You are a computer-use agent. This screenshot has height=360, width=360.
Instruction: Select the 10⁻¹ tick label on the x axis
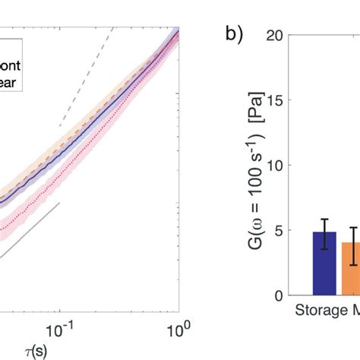(58, 329)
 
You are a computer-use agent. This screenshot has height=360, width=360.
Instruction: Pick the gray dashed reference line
(85, 76)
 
